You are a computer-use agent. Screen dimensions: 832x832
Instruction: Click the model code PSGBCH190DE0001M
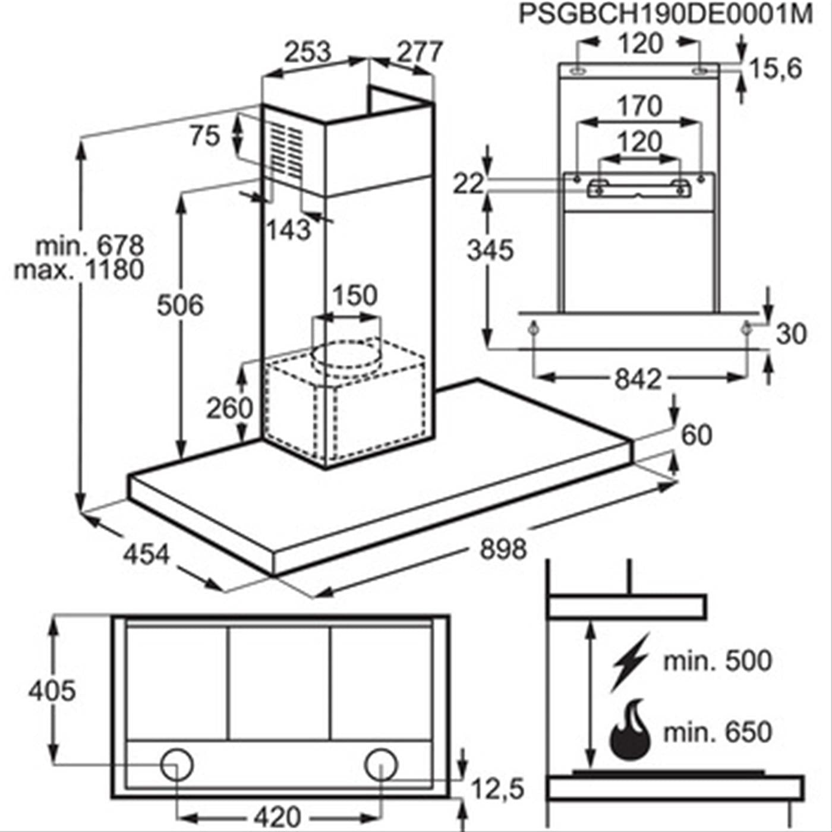[x=665, y=14]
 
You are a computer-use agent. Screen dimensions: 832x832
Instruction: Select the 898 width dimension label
[x=503, y=548]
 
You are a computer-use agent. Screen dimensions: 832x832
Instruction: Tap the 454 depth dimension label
[x=146, y=554]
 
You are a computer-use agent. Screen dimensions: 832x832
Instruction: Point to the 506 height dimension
[x=179, y=305]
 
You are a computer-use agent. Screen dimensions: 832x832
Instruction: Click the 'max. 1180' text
[x=79, y=270]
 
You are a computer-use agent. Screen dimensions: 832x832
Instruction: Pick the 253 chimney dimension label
[x=307, y=52]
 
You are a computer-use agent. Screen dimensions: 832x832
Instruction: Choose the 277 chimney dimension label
[x=420, y=52]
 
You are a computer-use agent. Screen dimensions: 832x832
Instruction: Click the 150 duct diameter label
[x=354, y=295]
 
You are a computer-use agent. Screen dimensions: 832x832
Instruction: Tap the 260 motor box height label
[x=229, y=408]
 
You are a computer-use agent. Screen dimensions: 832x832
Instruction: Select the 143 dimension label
[x=288, y=229]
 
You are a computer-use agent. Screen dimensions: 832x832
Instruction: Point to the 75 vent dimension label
[x=205, y=136]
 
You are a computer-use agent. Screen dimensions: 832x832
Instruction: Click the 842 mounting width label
[x=637, y=379]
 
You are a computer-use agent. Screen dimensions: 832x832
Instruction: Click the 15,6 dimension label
[x=775, y=68]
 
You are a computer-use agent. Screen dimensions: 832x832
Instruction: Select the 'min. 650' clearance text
[x=717, y=732]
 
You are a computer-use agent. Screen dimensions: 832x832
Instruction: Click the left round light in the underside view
[x=177, y=764]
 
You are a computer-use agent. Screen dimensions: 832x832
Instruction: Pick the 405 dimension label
[x=52, y=691]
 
